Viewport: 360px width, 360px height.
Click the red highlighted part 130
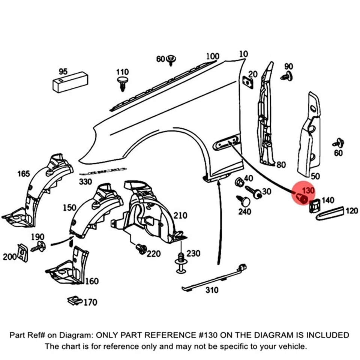[302, 196]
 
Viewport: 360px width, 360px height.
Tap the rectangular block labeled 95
[70, 82]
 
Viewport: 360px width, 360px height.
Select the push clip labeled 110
[122, 83]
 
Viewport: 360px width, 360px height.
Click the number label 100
[213, 57]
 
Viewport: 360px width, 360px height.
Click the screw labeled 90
[286, 77]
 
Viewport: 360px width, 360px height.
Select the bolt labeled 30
[254, 192]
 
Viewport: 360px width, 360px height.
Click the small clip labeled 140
[314, 205]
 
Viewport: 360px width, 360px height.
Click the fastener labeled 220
[141, 249]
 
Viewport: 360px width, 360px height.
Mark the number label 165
[23, 174]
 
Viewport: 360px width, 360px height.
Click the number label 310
[211, 290]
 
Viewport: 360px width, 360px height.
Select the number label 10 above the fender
[243, 54]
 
